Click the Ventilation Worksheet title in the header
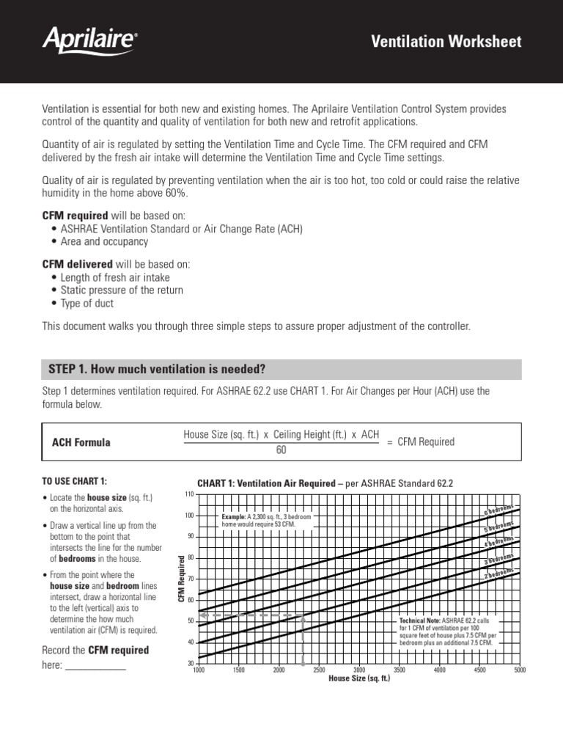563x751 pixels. click(447, 42)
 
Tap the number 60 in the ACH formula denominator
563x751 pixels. click(281, 450)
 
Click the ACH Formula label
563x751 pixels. click(81, 442)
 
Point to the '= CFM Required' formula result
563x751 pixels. click(421, 442)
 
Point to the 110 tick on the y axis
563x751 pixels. click(188, 494)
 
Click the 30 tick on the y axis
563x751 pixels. click(190, 663)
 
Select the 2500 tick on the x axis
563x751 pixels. click(319, 670)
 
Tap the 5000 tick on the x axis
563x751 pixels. click(519, 670)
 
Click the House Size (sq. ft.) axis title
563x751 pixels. click(359, 679)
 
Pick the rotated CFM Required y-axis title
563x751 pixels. click(182, 579)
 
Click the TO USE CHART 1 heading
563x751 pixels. click(75, 481)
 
